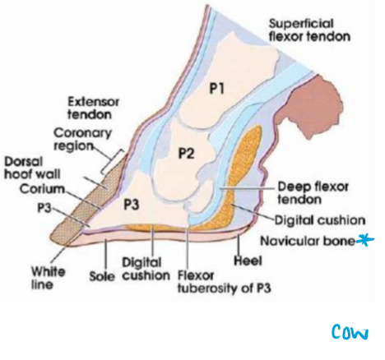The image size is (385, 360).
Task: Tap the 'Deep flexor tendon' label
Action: [x=306, y=191]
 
